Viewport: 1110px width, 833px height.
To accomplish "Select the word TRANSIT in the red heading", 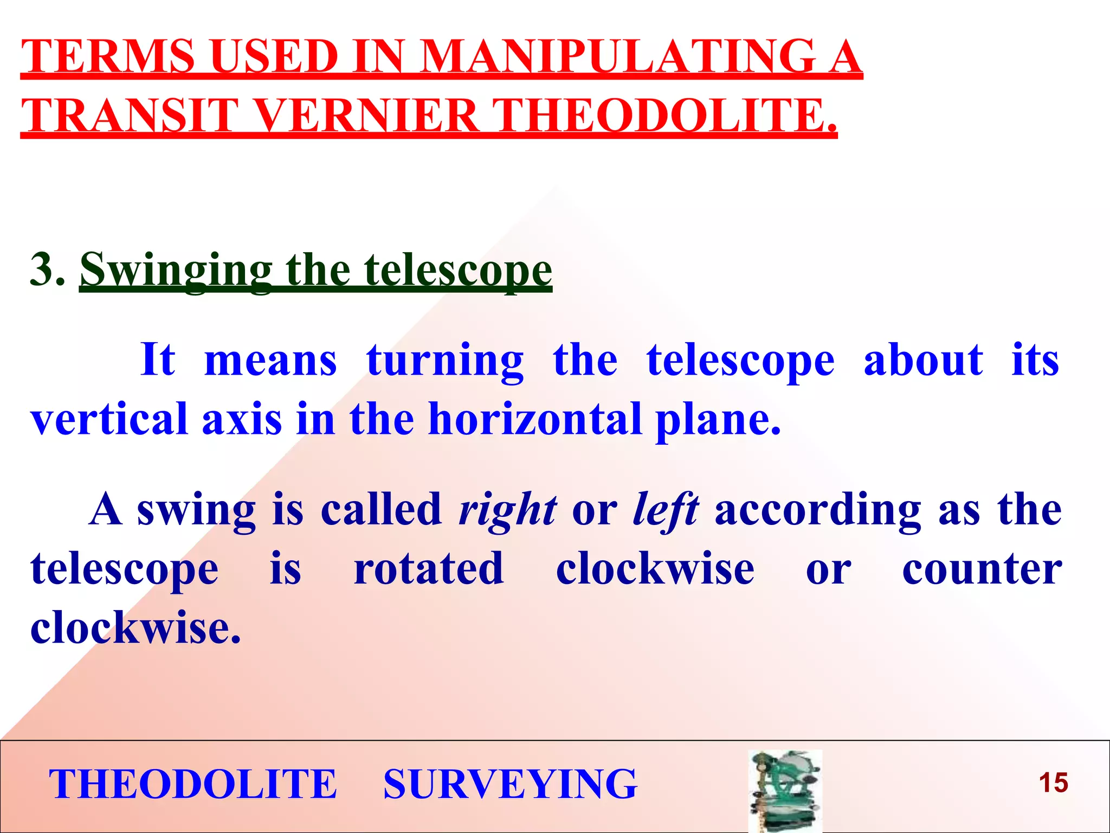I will pos(130,116).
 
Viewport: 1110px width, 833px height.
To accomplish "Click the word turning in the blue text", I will pos(445,361).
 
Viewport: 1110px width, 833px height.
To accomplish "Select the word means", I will pos(270,361).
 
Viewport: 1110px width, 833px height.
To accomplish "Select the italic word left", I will pos(666,510).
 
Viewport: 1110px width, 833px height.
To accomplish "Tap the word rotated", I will pos(429,569).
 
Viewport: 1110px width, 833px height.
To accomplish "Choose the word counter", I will pos(982,570).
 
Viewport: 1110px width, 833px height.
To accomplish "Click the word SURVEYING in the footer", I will pos(510,784).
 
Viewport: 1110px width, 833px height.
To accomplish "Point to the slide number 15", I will pos(1053,783).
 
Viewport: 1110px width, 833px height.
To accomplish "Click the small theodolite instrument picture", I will pos(785,791).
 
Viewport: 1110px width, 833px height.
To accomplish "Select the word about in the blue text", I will pos(923,360).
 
